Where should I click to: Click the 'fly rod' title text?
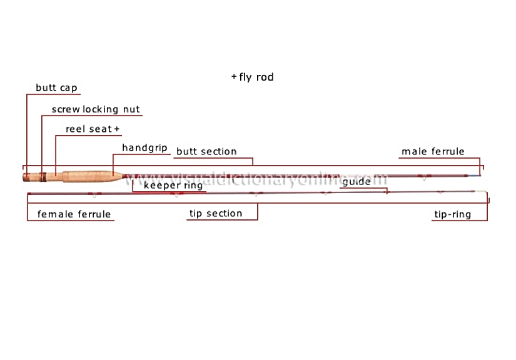(x=256, y=77)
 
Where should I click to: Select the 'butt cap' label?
(x=56, y=88)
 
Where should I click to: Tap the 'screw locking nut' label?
(x=96, y=109)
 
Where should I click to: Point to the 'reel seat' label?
(x=89, y=129)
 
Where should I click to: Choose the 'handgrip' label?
(x=145, y=148)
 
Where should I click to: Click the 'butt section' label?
(x=206, y=151)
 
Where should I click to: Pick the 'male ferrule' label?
(x=433, y=151)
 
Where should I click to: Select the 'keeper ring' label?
(x=173, y=186)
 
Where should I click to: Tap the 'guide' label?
(x=357, y=182)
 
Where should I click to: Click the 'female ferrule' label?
(x=74, y=214)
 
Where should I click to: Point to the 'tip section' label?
(x=216, y=214)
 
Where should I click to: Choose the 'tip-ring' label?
(x=453, y=214)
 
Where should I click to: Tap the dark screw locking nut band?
(x=43, y=177)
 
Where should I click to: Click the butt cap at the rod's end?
(x=26, y=177)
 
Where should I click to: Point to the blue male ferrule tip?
(x=474, y=176)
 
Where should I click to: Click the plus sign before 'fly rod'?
(x=234, y=77)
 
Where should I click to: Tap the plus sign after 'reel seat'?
(x=116, y=129)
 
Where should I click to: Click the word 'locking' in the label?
(x=100, y=109)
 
